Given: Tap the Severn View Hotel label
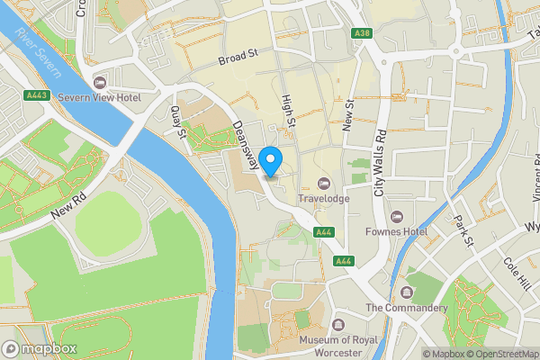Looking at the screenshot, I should pyautogui.click(x=100, y=96).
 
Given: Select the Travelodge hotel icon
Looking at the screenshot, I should pyautogui.click(x=323, y=184).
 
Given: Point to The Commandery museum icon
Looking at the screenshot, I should pyautogui.click(x=407, y=293).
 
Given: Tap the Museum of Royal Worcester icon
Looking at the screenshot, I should pyautogui.click(x=337, y=324).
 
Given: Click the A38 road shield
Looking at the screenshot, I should pyautogui.click(x=362, y=33).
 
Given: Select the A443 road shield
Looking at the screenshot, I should pyautogui.click(x=37, y=94).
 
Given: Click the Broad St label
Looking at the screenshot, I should pyautogui.click(x=238, y=57).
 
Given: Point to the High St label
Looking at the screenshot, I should pyautogui.click(x=288, y=112).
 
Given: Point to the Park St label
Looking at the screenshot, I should pyautogui.click(x=463, y=230).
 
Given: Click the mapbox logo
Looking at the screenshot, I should pyautogui.click(x=39, y=348).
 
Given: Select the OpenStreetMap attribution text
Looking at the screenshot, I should pyautogui.click(x=499, y=354).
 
